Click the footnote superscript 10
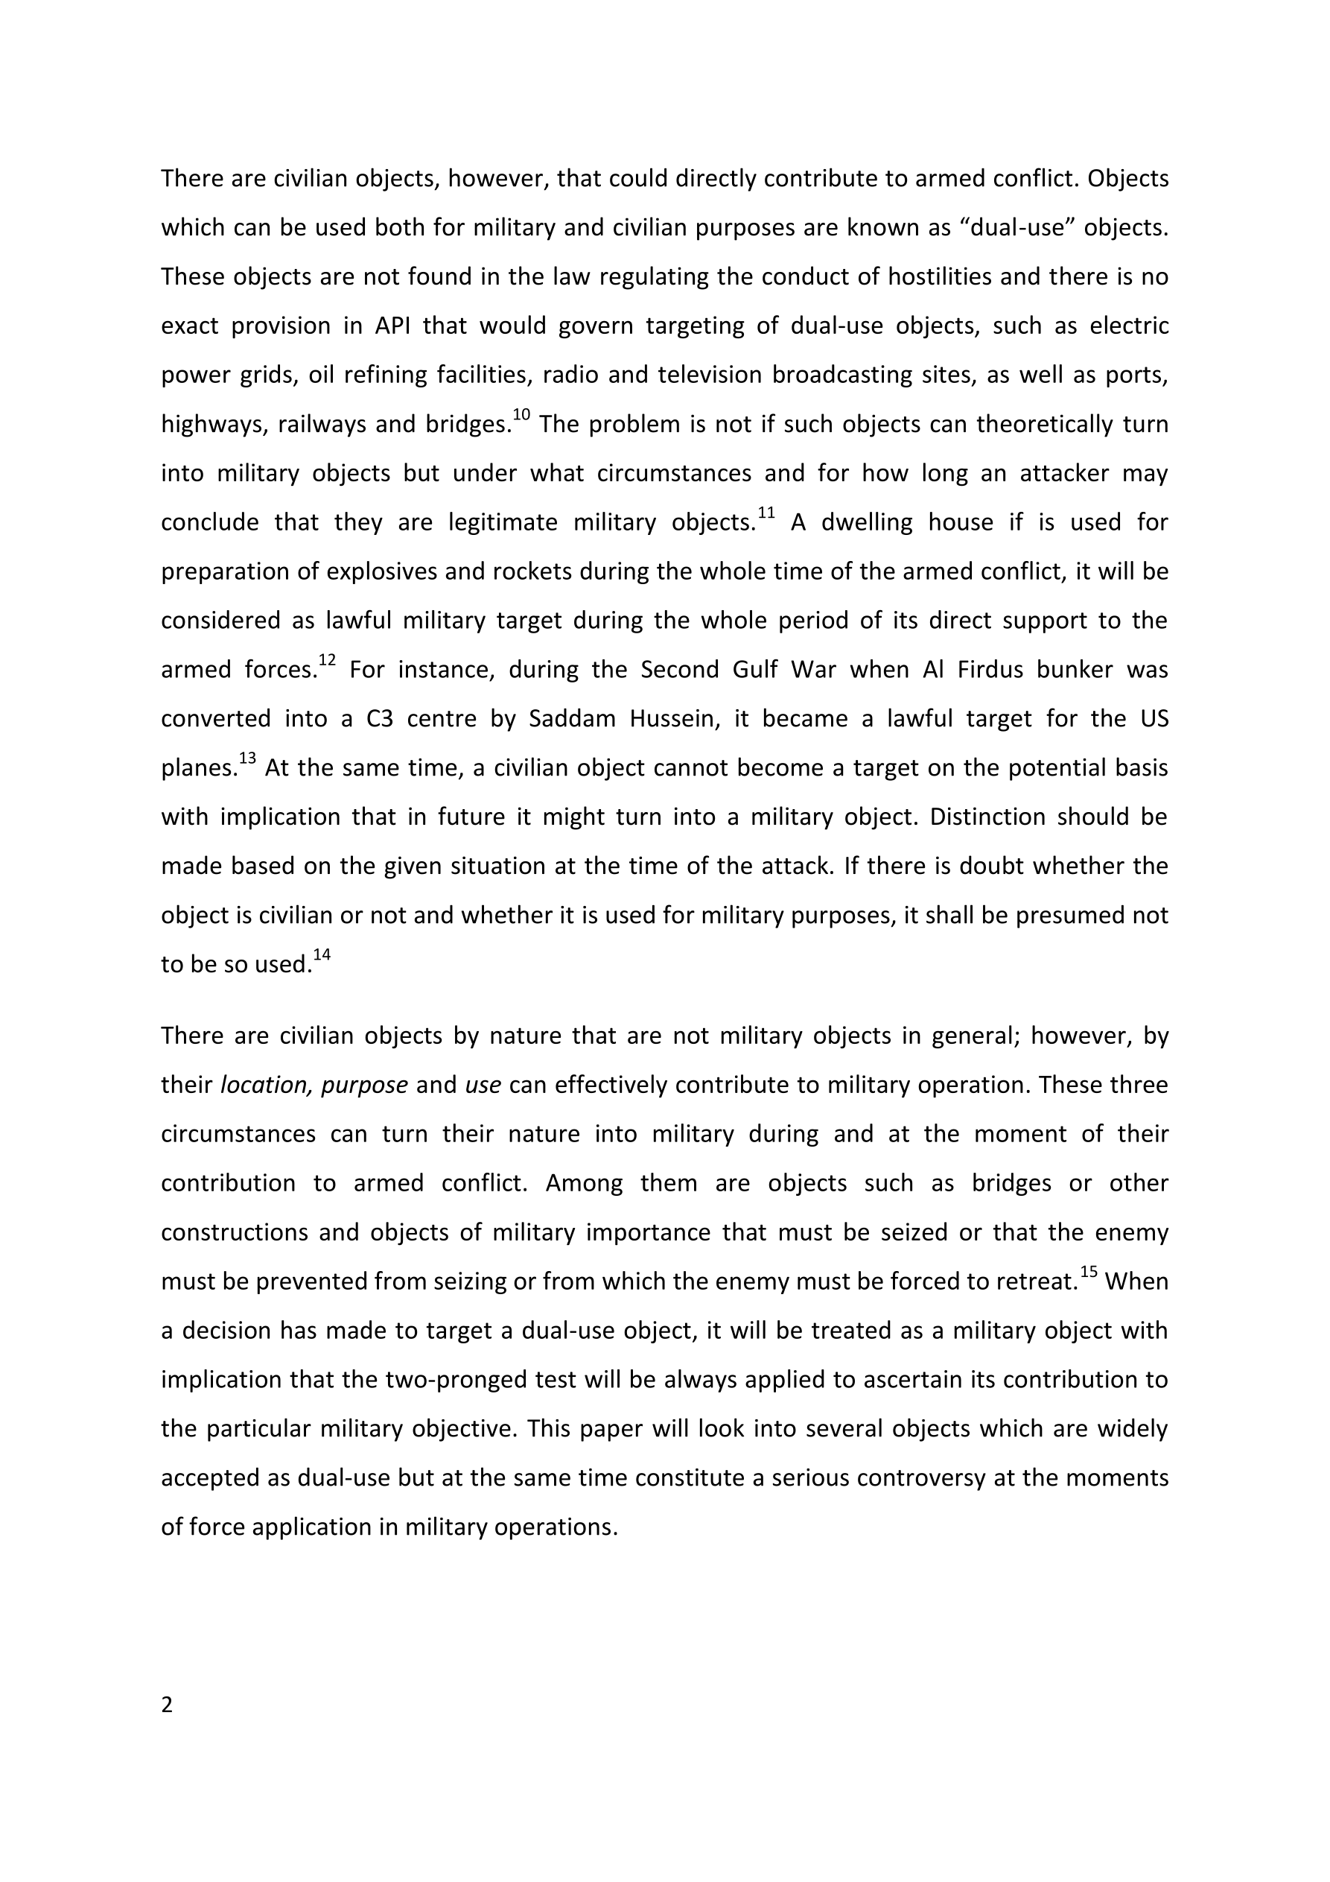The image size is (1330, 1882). coord(521,415)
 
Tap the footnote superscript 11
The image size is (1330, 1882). coord(766,513)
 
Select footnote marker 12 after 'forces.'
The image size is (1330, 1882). coord(327,660)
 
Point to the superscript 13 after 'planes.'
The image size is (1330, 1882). coord(246,758)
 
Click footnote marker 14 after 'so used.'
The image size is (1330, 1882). coord(321,954)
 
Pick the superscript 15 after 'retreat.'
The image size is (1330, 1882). coord(1088,1271)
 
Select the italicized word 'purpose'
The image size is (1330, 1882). coord(364,1086)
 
